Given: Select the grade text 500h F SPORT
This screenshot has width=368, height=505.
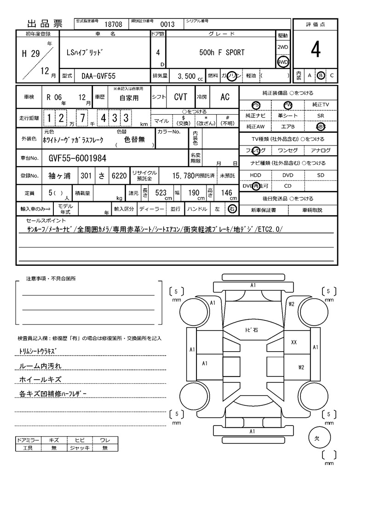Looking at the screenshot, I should point(222,52).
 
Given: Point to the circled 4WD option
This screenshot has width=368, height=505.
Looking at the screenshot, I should point(282,62).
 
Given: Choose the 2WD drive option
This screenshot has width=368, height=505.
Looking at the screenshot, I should point(282,48).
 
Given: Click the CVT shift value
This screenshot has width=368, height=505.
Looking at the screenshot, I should point(180,97).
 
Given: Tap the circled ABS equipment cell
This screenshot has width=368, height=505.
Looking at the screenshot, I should point(321,127).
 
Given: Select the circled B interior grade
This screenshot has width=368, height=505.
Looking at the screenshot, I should point(321,75).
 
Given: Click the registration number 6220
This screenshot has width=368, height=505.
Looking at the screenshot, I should point(119,175).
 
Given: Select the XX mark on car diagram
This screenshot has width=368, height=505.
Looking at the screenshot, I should point(294,342).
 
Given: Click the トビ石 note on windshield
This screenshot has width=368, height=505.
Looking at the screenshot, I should point(251,330).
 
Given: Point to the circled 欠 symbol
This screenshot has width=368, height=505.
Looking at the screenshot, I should point(316,438).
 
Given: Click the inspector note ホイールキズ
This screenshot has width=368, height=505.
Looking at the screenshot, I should point(40,380).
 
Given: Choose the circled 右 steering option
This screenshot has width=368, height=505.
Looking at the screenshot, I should point(232,209).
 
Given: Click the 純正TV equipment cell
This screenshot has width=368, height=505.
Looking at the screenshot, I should point(321,105).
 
